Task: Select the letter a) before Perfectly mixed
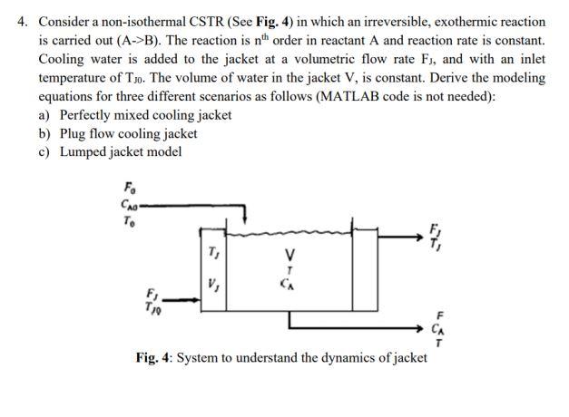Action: tap(44, 115)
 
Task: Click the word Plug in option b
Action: tap(75, 133)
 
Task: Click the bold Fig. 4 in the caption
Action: tap(153, 357)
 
